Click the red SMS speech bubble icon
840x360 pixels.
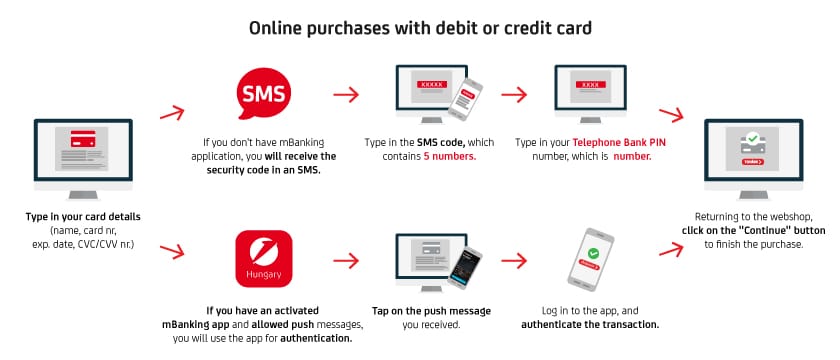[x=264, y=95]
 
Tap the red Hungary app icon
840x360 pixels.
[x=264, y=259]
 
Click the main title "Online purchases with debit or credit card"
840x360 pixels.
[x=420, y=27]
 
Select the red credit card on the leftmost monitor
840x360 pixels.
[x=82, y=139]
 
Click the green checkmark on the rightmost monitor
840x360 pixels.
[x=753, y=138]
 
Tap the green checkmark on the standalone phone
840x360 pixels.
[x=593, y=253]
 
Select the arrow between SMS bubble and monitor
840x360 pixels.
[x=346, y=95]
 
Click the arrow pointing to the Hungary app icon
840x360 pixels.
[x=172, y=251]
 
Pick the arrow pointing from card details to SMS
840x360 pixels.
[x=172, y=113]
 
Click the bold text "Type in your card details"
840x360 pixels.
[x=83, y=217]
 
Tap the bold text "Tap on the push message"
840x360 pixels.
[x=431, y=311]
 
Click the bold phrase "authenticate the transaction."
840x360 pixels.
[x=590, y=324]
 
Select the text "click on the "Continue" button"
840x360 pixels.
[x=753, y=230]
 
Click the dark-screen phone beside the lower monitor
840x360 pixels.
[x=464, y=268]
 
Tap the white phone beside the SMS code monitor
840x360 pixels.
[x=465, y=100]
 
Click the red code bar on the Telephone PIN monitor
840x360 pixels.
[x=590, y=84]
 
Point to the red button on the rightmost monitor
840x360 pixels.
[x=753, y=161]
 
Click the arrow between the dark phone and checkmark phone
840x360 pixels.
[x=514, y=261]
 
